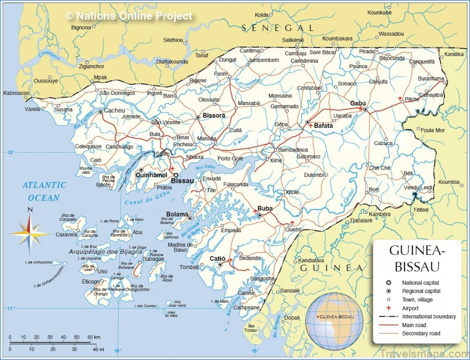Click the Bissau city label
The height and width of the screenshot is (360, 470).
[x=182, y=180]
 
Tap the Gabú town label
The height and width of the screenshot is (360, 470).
[x=358, y=103]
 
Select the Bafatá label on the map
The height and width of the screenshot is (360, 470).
[x=323, y=125]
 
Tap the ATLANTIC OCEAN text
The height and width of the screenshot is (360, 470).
[x=45, y=192]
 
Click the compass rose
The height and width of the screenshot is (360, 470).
[x=30, y=230]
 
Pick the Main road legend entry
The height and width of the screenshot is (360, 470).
[x=416, y=325]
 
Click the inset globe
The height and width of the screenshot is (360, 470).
[x=334, y=321]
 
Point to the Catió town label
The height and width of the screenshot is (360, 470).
[x=217, y=259]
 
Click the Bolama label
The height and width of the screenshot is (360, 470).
[x=177, y=214]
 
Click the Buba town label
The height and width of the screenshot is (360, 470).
[x=265, y=208]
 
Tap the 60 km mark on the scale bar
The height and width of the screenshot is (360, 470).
[x=94, y=337]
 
